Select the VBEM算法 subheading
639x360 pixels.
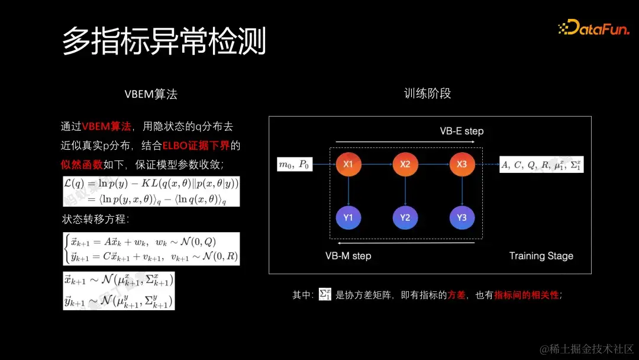pos(151,94)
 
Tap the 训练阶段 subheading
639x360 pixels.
pos(427,94)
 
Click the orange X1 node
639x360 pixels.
pos(348,165)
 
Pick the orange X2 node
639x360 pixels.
pos(405,165)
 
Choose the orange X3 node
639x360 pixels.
pos(461,165)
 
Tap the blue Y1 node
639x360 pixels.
pos(348,217)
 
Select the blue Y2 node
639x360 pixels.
pos(405,217)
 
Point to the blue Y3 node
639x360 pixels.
pos(461,217)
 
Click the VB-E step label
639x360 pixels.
pos(461,131)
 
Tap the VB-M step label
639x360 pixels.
pos(348,256)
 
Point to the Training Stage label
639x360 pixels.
pos(541,256)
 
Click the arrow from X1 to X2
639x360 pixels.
pos(376,165)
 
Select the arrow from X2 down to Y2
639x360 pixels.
pos(405,191)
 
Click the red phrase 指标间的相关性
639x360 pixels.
pos(526,294)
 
